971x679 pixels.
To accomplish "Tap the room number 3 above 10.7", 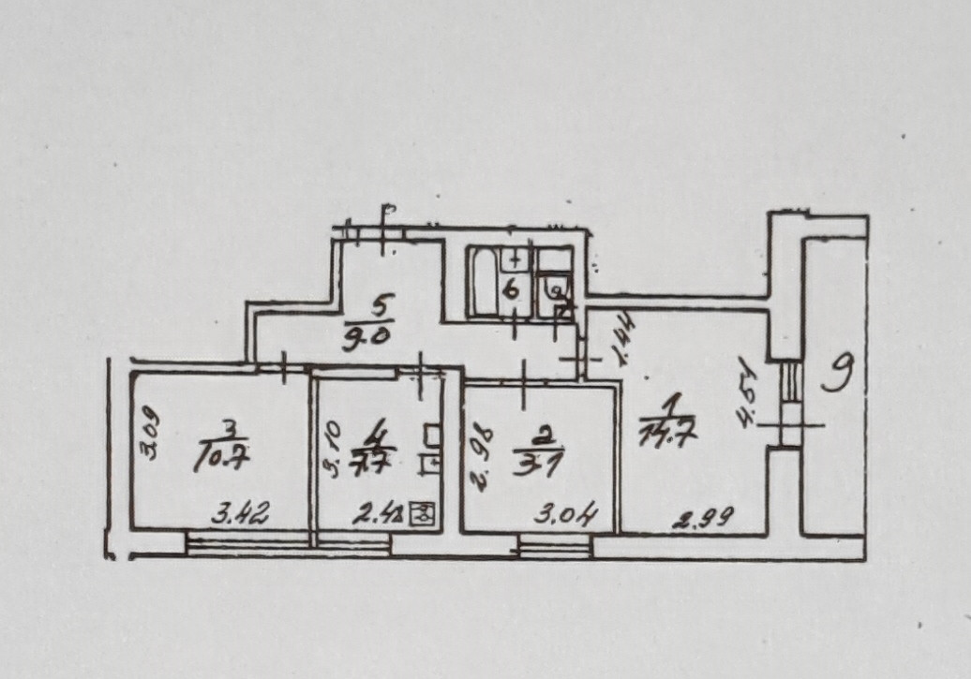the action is (230, 431).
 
